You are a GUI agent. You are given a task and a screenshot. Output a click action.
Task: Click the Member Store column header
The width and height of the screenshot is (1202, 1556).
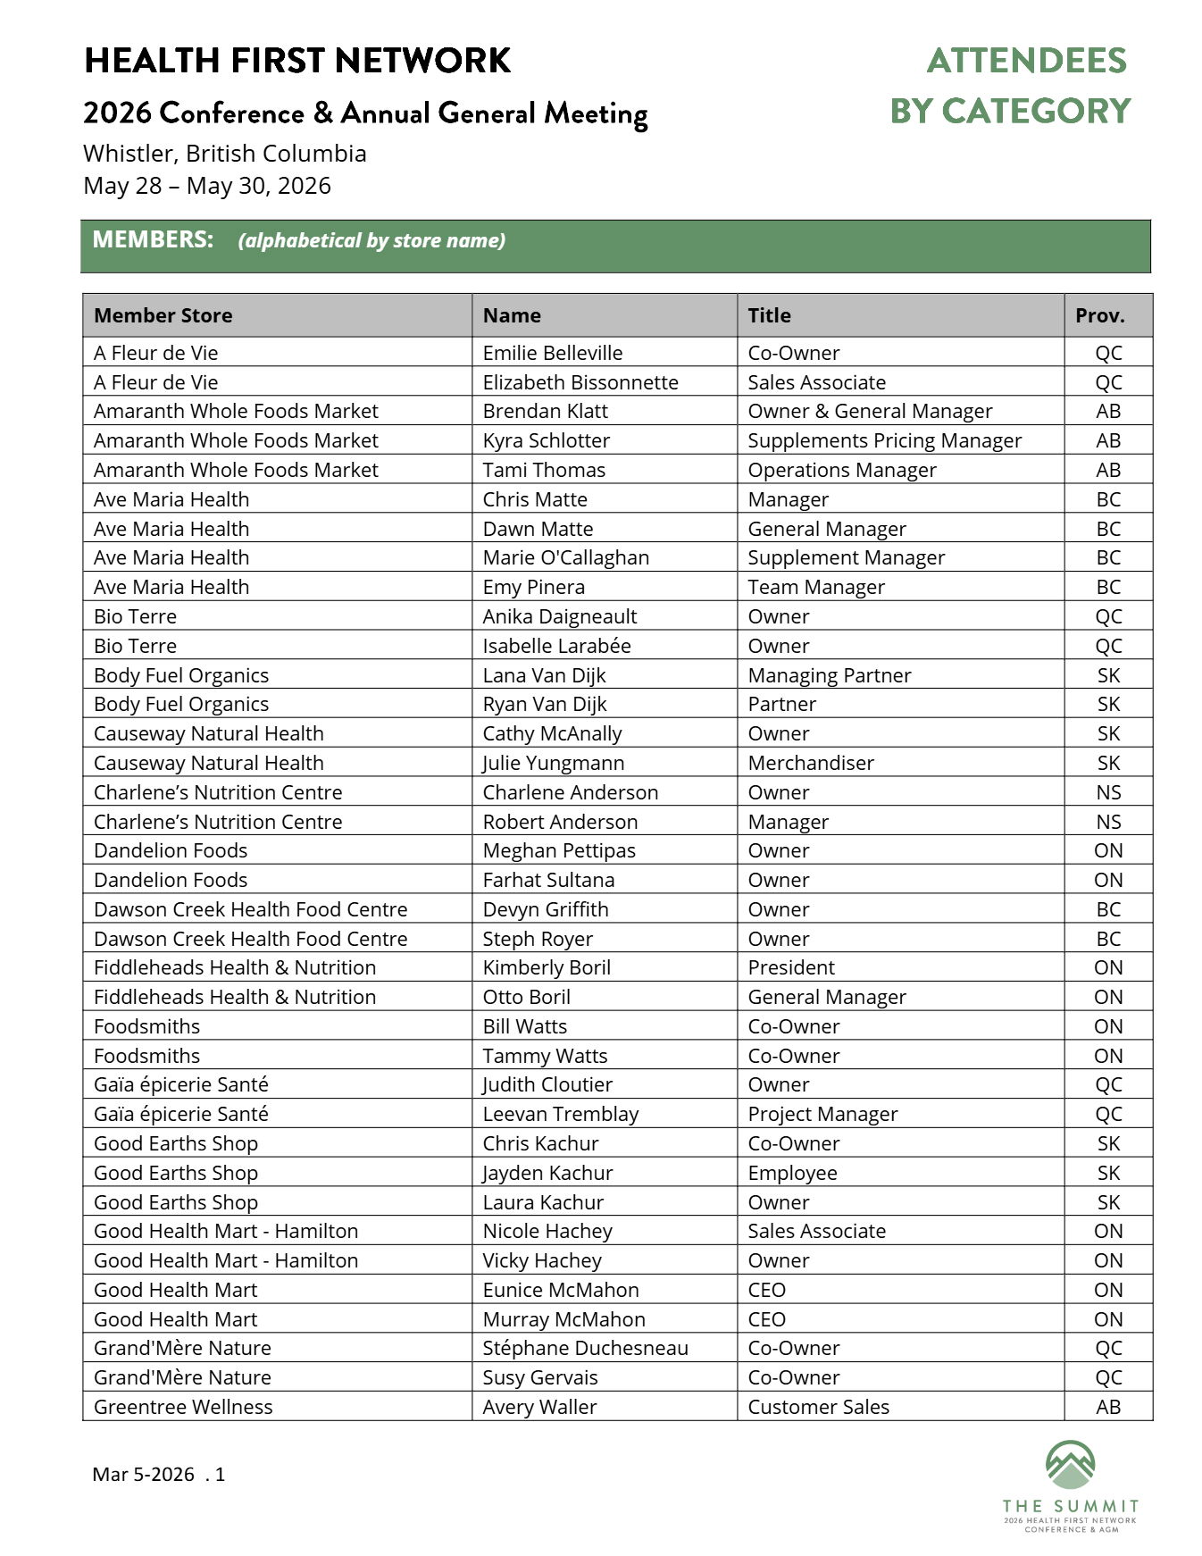tap(163, 315)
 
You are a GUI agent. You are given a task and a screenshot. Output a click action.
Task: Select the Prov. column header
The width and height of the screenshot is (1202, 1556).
tap(1099, 315)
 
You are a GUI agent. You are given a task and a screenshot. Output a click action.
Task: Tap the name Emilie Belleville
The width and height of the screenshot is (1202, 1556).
tap(552, 353)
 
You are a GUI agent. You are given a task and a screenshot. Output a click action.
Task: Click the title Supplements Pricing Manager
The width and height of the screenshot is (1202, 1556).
tap(884, 440)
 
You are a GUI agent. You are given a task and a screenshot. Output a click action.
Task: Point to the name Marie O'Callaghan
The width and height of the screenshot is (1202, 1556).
tap(565, 557)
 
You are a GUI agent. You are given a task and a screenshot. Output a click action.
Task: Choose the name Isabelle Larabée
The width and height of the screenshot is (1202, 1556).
tap(556, 646)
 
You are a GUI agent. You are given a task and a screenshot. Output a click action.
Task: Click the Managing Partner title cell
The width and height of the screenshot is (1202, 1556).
tap(829, 675)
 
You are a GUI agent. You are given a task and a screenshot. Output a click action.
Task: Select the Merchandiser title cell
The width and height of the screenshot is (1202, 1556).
tap(810, 763)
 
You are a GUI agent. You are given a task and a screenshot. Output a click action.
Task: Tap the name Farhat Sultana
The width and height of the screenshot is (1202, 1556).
tap(548, 880)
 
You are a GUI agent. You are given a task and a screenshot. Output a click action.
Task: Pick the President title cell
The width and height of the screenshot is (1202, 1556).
tap(790, 967)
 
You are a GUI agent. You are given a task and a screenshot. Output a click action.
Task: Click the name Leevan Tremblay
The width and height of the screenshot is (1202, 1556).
tap(560, 1114)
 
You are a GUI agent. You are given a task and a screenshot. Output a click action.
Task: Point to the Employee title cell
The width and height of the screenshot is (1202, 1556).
tap(792, 1173)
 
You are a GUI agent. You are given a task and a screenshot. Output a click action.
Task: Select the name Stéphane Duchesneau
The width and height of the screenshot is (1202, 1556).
tap(585, 1348)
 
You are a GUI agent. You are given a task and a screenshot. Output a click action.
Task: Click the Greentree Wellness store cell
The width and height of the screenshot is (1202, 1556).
tap(183, 1407)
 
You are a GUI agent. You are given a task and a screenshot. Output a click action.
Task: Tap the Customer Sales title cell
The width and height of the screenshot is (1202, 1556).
tap(818, 1407)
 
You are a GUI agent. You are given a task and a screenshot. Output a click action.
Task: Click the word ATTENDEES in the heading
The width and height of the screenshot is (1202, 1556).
tap(1026, 61)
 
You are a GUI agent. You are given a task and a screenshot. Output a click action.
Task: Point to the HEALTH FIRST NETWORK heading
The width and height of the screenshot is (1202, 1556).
tap(297, 61)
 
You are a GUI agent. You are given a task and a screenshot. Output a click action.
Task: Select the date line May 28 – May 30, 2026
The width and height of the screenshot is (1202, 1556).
tap(207, 186)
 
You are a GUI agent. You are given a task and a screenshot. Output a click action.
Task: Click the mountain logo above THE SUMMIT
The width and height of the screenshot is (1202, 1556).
tap(1070, 1465)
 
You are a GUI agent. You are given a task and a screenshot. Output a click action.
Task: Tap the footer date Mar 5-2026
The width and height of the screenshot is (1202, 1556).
tap(143, 1475)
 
